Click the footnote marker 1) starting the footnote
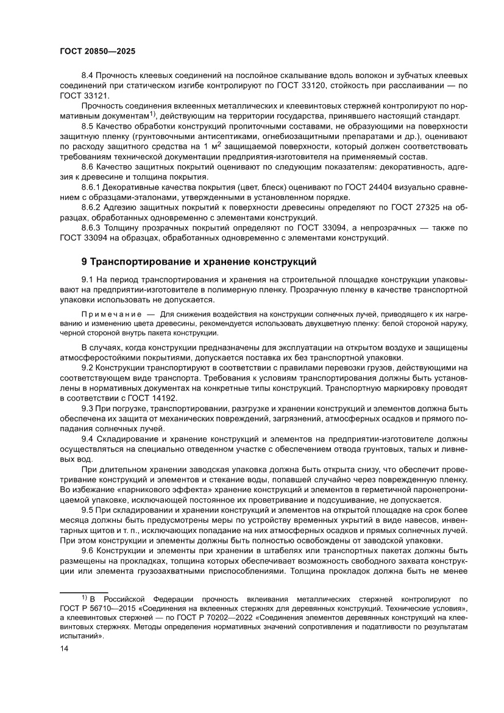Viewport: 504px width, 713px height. coord(84,598)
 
